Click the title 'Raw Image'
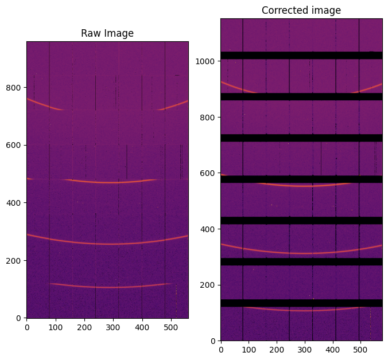[x=107, y=33]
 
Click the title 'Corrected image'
[x=301, y=10]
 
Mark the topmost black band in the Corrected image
[x=301, y=55]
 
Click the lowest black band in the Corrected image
[x=301, y=303]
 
